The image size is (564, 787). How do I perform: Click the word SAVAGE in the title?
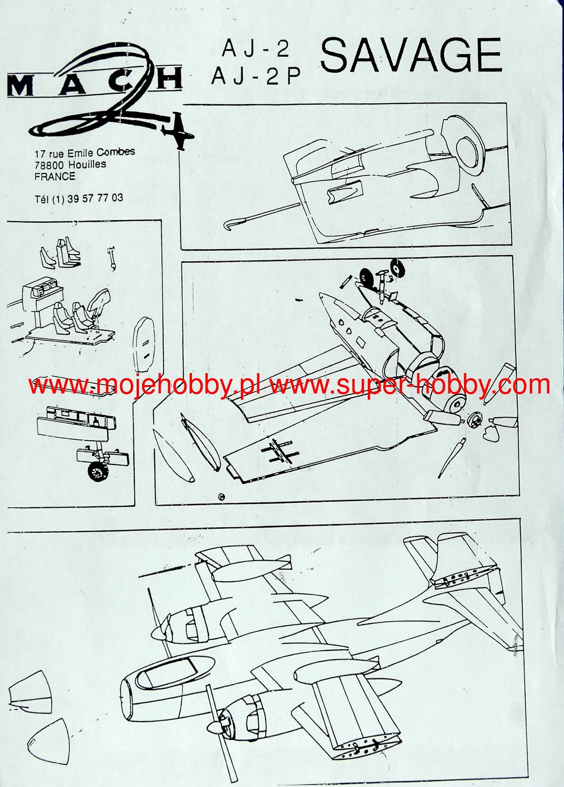pyautogui.click(x=411, y=55)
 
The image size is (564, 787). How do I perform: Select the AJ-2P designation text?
pyautogui.click(x=256, y=76)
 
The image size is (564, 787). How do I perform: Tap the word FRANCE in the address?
pyautogui.click(x=55, y=177)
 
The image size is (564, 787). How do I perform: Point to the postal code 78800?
pyautogui.click(x=49, y=165)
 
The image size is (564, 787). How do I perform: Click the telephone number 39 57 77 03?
pyautogui.click(x=95, y=198)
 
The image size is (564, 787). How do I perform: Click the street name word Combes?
pyautogui.click(x=115, y=152)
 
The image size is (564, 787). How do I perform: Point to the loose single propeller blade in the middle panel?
pyautogui.click(x=452, y=458)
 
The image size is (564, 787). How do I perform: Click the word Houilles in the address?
pyautogui.click(x=87, y=165)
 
